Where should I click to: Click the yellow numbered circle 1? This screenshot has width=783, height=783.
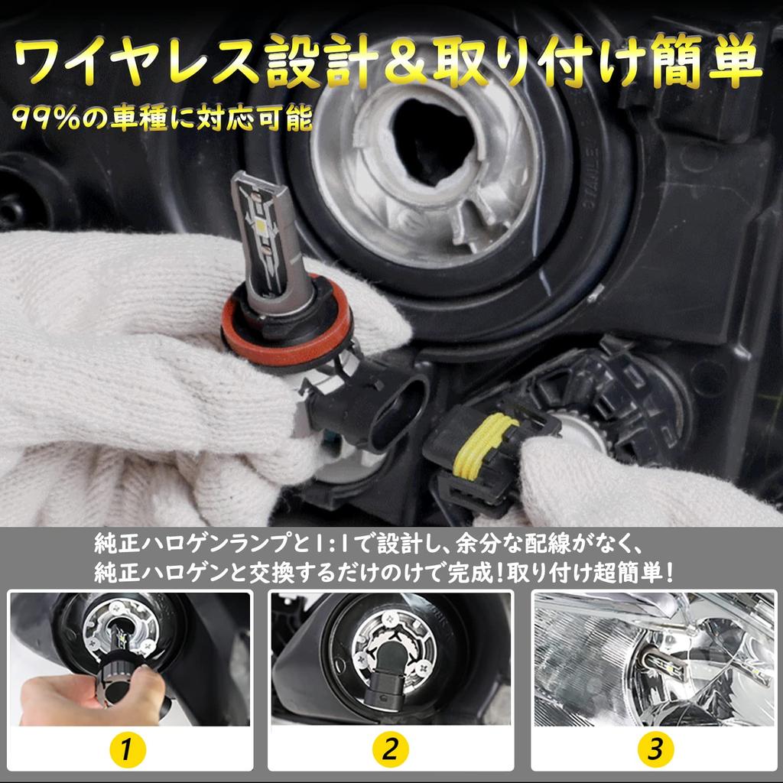[x=128, y=749]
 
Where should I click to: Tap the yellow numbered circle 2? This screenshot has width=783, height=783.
[x=391, y=749]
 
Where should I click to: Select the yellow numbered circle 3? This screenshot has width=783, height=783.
[x=655, y=749]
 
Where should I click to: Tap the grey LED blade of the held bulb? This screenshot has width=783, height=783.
[x=267, y=239]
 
